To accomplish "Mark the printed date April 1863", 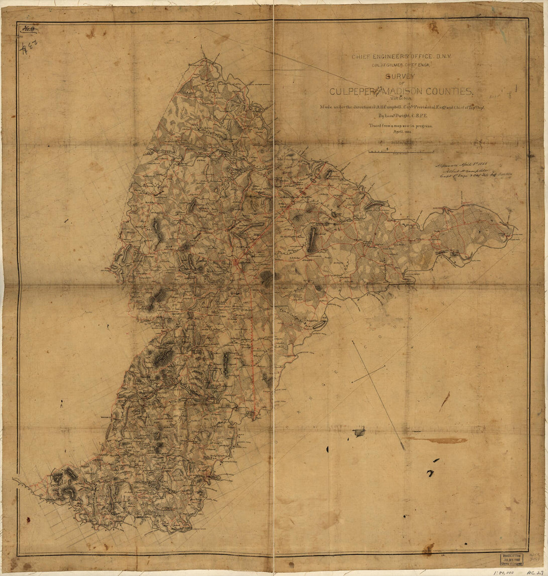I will point(401,133).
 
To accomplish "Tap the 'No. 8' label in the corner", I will point(28,29).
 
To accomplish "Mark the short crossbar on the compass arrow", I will point(369,374).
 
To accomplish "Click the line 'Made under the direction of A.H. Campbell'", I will point(401,108).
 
